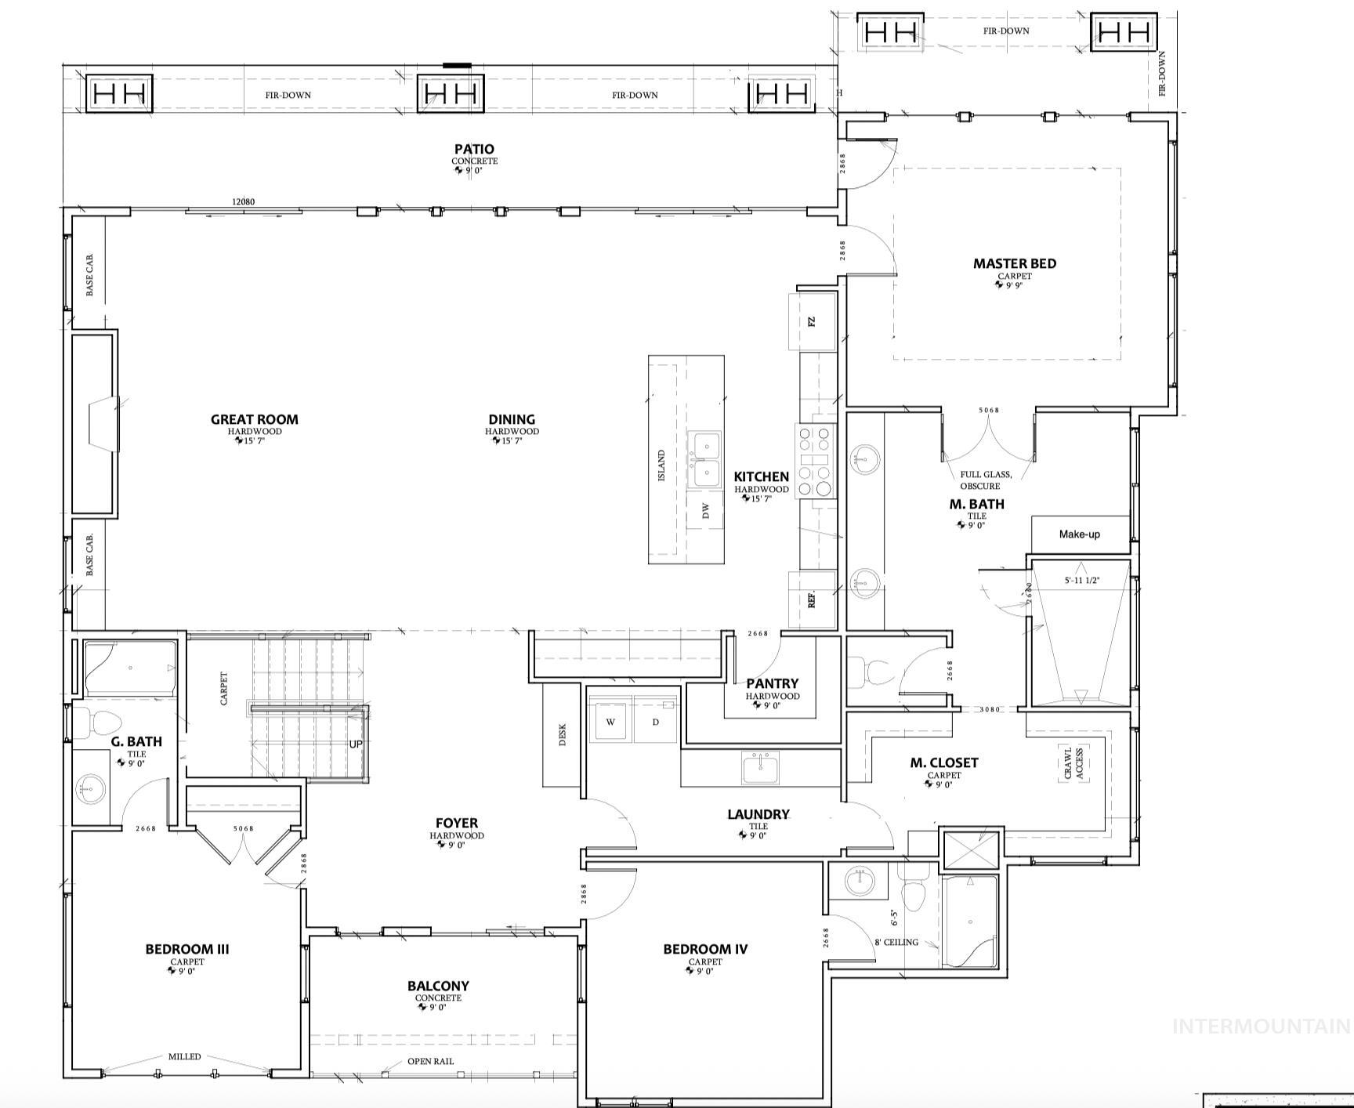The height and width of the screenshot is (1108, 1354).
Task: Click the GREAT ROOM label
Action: pyautogui.click(x=254, y=420)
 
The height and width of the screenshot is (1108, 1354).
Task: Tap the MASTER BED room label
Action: pyautogui.click(x=1014, y=264)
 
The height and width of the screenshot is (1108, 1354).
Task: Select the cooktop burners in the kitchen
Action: pyautogui.click(x=814, y=462)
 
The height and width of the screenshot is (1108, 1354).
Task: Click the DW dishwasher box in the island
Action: pyautogui.click(x=706, y=512)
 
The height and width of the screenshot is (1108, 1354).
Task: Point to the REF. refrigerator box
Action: pyautogui.click(x=812, y=600)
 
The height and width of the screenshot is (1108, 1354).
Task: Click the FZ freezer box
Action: pyautogui.click(x=812, y=321)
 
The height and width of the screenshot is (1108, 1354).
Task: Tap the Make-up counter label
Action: pyautogui.click(x=1079, y=534)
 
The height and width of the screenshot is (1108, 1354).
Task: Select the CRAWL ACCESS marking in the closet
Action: pyautogui.click(x=1073, y=763)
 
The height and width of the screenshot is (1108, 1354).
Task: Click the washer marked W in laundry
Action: pyautogui.click(x=610, y=722)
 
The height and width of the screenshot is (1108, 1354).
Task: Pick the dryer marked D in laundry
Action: pyautogui.click(x=655, y=722)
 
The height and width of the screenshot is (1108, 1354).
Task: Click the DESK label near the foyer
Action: pyautogui.click(x=562, y=734)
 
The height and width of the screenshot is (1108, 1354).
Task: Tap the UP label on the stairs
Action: pyautogui.click(x=356, y=744)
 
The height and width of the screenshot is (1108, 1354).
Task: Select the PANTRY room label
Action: pyautogui.click(x=772, y=684)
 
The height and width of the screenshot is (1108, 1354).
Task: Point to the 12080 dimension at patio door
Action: pyautogui.click(x=243, y=201)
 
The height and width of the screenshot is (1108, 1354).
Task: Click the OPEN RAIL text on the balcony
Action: pyautogui.click(x=430, y=1062)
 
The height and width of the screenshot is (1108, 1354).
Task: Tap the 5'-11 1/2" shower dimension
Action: pyautogui.click(x=1082, y=581)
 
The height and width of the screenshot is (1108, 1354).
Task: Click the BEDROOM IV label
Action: pyautogui.click(x=705, y=950)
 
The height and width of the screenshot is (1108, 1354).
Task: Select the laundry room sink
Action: pyautogui.click(x=761, y=767)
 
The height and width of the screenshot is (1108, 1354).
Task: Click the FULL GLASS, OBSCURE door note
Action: pyautogui.click(x=985, y=480)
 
